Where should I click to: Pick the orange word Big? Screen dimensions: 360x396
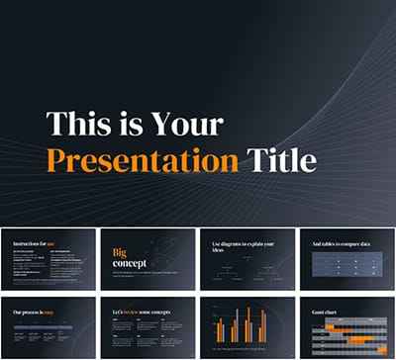point(121,252)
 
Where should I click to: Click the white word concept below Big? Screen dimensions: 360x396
point(130,263)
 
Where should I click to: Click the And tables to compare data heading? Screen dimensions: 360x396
point(338,242)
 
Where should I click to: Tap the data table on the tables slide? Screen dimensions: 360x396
point(346,265)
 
